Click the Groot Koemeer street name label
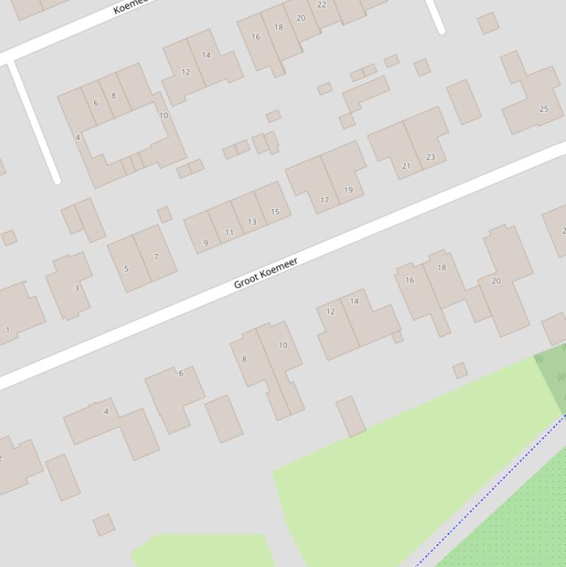266,273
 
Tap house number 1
8,330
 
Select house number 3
76,288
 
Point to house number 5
127,269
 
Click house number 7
156,257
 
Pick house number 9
205,243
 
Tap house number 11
229,233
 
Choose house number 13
252,222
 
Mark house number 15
275,212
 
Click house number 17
325,200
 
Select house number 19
348,190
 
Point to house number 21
406,166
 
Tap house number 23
430,157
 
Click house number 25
544,109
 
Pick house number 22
322,4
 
